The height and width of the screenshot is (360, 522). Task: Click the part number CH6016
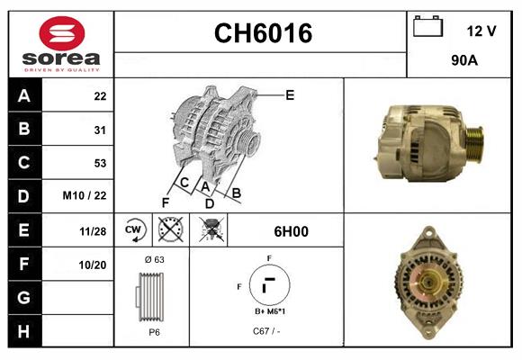[x=262, y=33]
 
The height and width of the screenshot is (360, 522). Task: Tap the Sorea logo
[x=60, y=44]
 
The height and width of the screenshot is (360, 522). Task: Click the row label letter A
[x=23, y=95]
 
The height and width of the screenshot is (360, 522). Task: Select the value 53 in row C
[x=100, y=163]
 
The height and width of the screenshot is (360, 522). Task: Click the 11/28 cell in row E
[x=93, y=231]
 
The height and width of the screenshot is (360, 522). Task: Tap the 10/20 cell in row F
[x=93, y=265]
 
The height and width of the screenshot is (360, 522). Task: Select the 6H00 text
[x=292, y=231]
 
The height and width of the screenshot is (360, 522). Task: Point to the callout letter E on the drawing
[x=290, y=94]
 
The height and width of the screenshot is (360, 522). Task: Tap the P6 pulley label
[x=154, y=331]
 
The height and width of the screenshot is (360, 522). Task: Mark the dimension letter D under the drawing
[x=209, y=202]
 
